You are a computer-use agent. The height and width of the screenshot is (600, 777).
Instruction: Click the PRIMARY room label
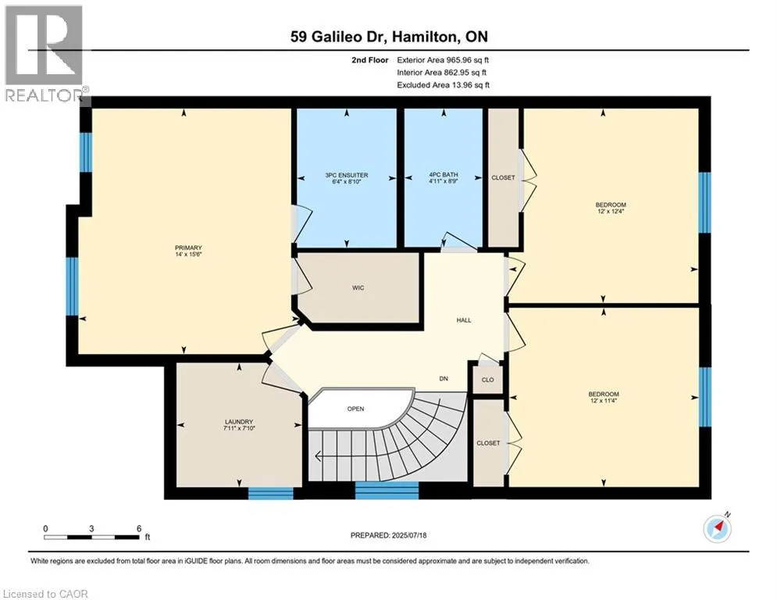[188, 248]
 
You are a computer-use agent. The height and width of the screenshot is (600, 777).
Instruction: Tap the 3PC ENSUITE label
[347, 175]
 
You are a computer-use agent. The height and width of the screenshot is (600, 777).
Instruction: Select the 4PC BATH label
[444, 174]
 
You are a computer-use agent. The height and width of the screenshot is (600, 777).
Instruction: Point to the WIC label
[358, 287]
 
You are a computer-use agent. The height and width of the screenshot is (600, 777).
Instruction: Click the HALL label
[464, 320]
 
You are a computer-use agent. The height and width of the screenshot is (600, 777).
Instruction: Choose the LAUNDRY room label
[239, 422]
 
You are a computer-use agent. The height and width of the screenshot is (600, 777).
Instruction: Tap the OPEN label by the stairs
[356, 409]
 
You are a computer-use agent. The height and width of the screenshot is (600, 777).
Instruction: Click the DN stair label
[444, 378]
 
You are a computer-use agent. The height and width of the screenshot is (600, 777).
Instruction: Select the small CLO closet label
[487, 380]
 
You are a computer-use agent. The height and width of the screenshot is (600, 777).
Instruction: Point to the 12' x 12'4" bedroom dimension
[611, 211]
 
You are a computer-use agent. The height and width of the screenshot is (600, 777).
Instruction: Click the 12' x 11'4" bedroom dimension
[604, 400]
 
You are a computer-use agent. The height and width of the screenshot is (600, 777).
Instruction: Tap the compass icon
[718, 528]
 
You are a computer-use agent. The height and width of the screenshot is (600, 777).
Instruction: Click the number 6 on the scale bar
[139, 529]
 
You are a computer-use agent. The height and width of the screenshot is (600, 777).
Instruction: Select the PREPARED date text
[389, 535]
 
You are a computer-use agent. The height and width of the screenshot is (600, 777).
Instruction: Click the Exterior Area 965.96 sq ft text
[443, 60]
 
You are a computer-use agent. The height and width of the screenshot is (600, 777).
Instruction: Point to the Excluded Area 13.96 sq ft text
[444, 85]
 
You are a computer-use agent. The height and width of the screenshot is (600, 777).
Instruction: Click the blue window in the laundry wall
[270, 494]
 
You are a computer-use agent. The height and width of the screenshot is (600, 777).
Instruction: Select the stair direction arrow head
[318, 456]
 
